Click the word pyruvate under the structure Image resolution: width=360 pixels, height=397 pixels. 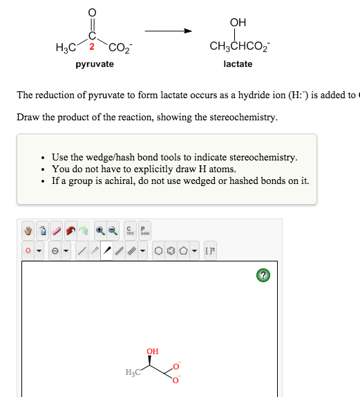[95, 64]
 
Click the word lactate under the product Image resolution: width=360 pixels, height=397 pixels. [238, 64]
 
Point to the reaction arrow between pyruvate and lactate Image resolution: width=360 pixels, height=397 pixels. [168, 31]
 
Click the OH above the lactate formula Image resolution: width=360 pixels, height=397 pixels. [238, 22]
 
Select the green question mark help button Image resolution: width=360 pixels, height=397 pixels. [262, 275]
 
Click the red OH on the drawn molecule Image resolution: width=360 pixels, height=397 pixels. [153, 351]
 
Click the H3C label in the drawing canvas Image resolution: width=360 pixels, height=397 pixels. [133, 373]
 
